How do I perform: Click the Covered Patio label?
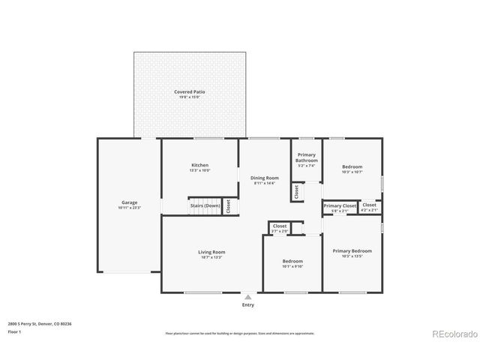(x=190, y=91)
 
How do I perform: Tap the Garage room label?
(x=129, y=202)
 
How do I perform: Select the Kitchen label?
(x=199, y=165)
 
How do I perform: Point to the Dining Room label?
(x=264, y=178)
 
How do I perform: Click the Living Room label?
(x=211, y=252)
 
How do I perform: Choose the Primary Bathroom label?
(x=306, y=157)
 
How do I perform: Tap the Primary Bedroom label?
(x=352, y=251)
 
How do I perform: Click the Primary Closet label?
(x=340, y=205)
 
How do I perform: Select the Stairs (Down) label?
(x=205, y=205)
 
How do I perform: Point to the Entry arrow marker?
(x=248, y=297)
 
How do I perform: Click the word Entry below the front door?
(x=248, y=305)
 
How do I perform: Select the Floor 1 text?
(x=15, y=331)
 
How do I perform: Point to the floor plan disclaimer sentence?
(x=240, y=333)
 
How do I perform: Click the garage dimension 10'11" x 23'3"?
(x=129, y=208)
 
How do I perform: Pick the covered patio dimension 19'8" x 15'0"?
(x=190, y=97)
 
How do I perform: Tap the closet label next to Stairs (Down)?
(x=228, y=206)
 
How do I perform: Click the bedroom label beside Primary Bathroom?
(x=352, y=166)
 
